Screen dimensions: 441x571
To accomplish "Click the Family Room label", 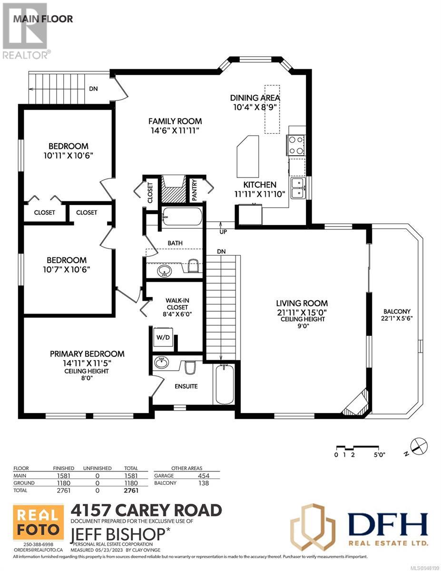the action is pyautogui.click(x=175, y=121).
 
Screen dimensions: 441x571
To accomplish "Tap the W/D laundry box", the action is pyautogui.click(x=163, y=337).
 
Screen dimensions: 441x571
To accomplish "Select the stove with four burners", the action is pyautogui.click(x=296, y=145).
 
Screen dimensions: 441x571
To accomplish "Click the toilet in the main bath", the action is pyautogui.click(x=193, y=266).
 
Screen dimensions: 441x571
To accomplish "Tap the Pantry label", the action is pyautogui.click(x=194, y=190).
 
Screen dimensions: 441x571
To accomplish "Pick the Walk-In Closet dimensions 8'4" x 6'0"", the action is pyautogui.click(x=177, y=314).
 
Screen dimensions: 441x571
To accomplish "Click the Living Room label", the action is pyautogui.click(x=302, y=303).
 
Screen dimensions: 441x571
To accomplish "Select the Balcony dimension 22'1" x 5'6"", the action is pyautogui.click(x=397, y=318).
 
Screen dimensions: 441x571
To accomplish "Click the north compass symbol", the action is pyautogui.click(x=419, y=446).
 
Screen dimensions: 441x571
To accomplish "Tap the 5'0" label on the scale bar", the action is pyautogui.click(x=380, y=455).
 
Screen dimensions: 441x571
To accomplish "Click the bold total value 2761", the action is pyautogui.click(x=131, y=491).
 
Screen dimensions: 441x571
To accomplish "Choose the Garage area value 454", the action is pyautogui.click(x=204, y=476).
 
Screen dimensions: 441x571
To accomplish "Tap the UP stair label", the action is pyautogui.click(x=223, y=232).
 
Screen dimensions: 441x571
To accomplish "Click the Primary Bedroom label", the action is pyautogui.click(x=87, y=354).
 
